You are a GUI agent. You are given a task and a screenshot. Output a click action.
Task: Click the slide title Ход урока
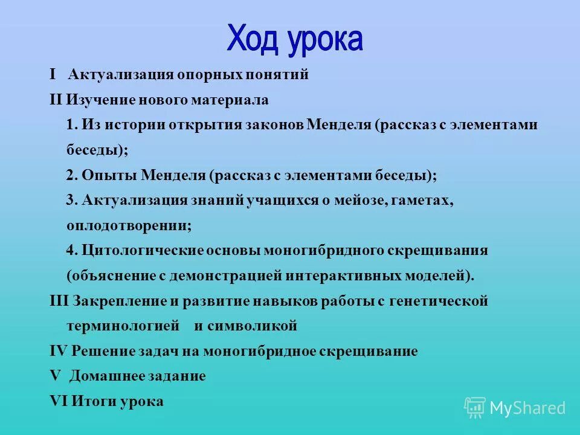[x=295, y=39]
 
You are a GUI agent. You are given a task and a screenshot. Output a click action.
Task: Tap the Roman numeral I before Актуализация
[x=53, y=74]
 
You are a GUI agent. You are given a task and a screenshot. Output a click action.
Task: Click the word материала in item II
[x=239, y=100]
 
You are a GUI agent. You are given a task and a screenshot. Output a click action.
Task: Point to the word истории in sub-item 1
[x=137, y=125]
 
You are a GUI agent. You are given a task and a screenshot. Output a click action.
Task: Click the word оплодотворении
[x=129, y=226]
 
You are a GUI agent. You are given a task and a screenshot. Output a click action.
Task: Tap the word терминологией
[x=123, y=326]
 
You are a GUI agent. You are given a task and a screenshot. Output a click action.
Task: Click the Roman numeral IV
[x=59, y=351]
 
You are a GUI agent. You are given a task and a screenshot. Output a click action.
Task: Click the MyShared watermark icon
[x=475, y=408]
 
